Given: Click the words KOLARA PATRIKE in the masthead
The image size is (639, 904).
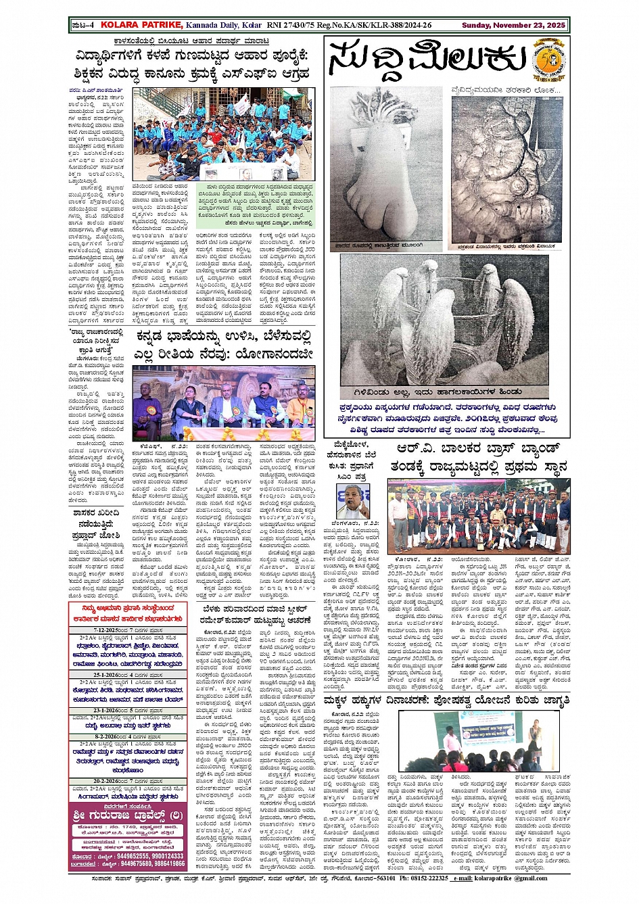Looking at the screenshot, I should [141, 25].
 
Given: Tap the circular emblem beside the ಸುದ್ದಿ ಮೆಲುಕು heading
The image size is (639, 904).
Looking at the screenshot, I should [547, 58].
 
